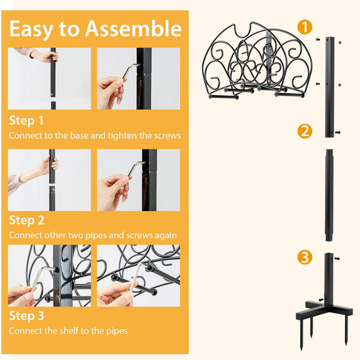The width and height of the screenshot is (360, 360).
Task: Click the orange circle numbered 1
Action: [x=305, y=27]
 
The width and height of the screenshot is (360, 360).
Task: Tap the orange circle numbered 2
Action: [x=305, y=131]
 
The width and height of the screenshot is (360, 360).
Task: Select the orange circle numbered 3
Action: [x=305, y=258]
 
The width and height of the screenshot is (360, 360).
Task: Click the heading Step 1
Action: [x=26, y=121]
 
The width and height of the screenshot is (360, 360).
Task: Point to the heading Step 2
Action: [x=26, y=220]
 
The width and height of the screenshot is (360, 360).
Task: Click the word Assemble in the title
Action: [x=133, y=29]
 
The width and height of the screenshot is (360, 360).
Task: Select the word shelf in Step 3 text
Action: [x=85, y=331]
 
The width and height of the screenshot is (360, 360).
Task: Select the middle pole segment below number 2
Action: [x=329, y=195]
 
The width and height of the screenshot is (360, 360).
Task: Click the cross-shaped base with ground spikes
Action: [x=324, y=309]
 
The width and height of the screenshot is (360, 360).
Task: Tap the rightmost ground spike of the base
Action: [x=346, y=330]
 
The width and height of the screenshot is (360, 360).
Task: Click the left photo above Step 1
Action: [x=49, y=79]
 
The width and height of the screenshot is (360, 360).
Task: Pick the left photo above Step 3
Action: [x=49, y=276]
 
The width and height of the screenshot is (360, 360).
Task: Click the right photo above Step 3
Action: [x=139, y=276]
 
